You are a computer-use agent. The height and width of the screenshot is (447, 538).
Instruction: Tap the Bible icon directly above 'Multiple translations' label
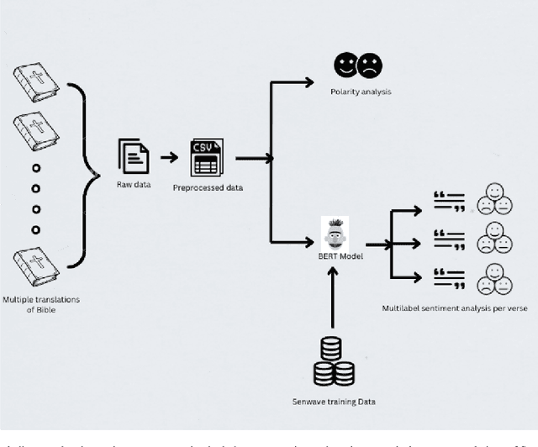36,268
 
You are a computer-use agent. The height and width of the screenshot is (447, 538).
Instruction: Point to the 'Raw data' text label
134,184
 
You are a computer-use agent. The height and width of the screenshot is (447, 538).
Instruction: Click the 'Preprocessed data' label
208,187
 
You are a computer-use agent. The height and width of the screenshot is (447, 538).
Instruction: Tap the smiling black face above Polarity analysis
345,65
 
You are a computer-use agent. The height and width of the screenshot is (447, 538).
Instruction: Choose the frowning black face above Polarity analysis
370,65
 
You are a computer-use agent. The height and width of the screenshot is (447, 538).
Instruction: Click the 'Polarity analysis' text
361,91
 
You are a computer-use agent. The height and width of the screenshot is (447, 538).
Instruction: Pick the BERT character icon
335,232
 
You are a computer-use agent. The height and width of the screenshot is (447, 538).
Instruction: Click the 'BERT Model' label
340,255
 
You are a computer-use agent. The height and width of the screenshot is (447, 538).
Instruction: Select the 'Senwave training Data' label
334,401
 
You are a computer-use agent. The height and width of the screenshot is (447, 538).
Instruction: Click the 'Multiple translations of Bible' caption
37,305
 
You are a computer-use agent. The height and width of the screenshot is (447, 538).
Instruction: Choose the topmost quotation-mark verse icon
449,202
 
